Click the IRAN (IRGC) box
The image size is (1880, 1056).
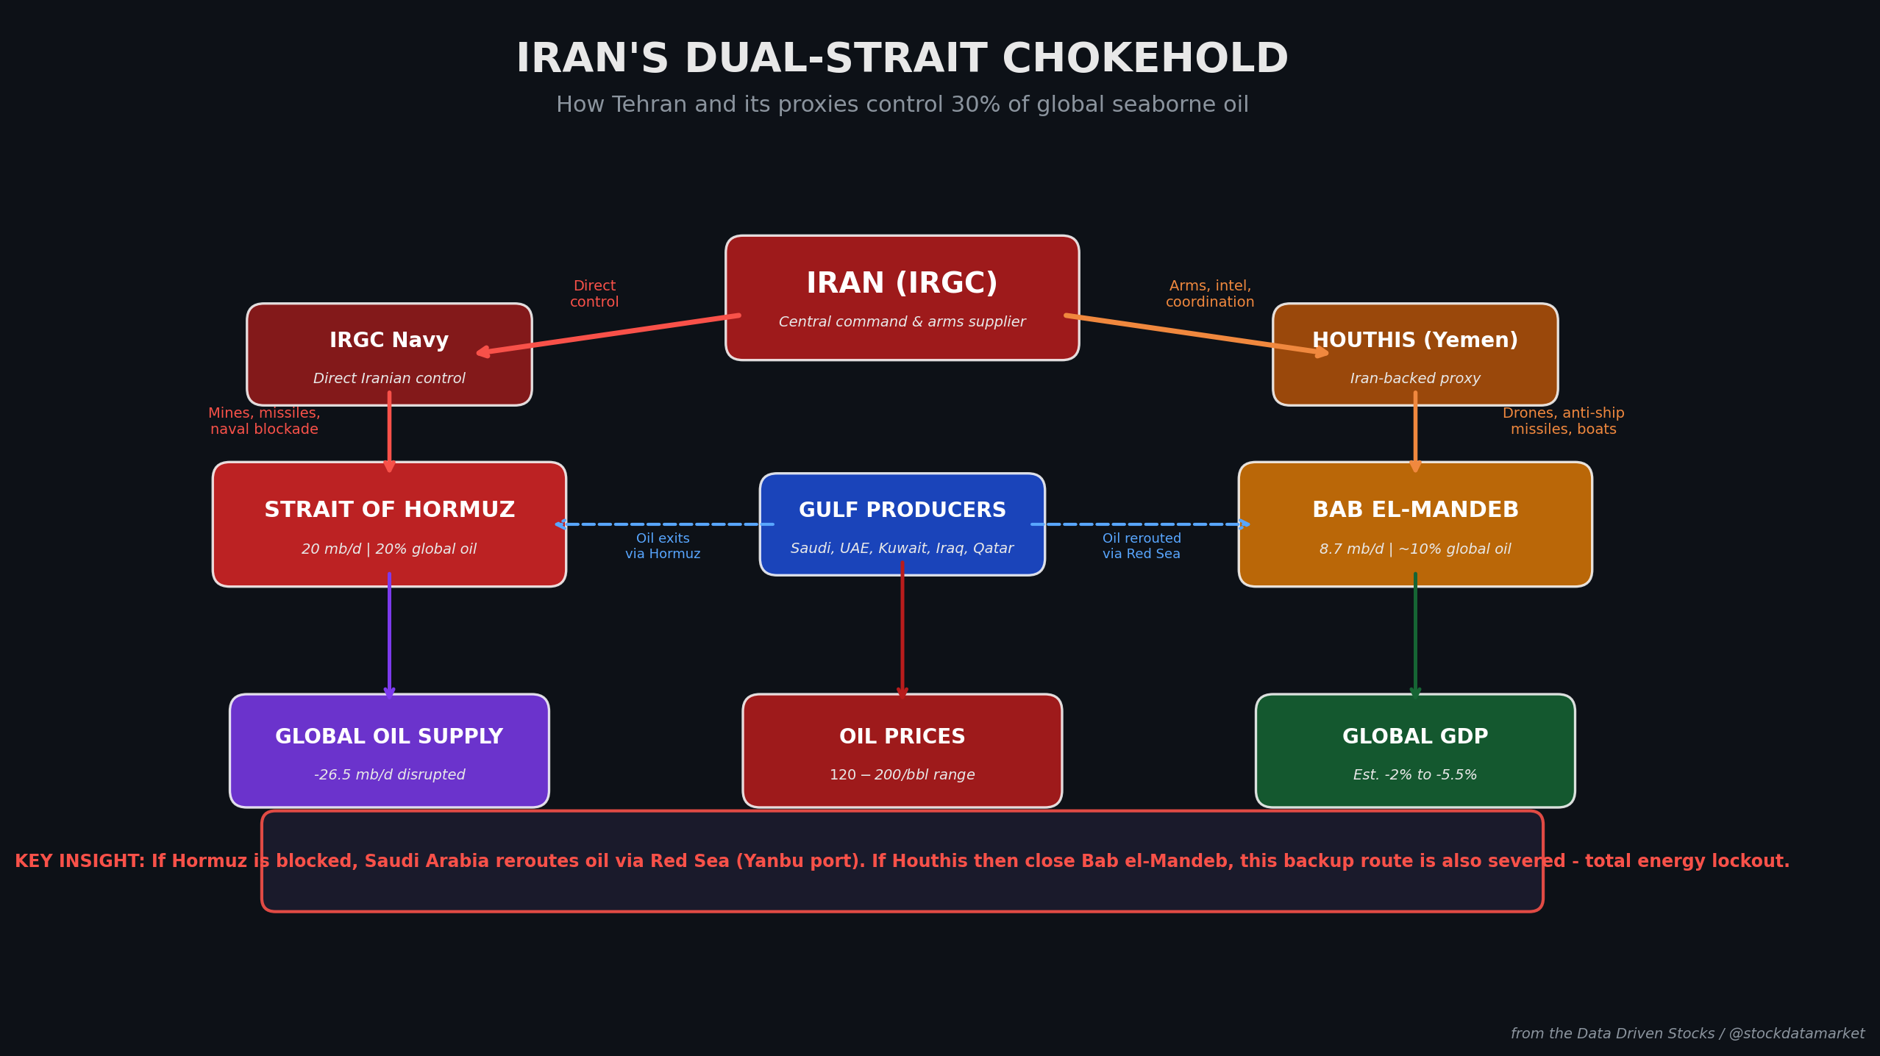point(902,298)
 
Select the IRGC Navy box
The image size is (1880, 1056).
point(389,354)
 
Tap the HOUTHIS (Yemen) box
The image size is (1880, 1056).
point(1414,354)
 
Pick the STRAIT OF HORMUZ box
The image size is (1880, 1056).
point(389,524)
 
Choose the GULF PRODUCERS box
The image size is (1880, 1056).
point(902,524)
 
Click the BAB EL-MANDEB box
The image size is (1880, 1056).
point(1414,524)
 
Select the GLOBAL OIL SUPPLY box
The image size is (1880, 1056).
point(389,751)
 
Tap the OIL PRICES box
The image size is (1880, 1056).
point(902,751)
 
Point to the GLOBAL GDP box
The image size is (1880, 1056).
point(1414,751)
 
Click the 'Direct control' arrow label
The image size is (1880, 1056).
point(594,294)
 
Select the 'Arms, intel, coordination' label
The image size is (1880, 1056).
point(1209,294)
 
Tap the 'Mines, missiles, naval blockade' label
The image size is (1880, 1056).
point(264,421)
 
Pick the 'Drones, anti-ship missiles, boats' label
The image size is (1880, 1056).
point(1563,421)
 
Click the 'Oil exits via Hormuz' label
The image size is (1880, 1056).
point(663,546)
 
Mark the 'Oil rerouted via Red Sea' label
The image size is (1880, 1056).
point(1141,546)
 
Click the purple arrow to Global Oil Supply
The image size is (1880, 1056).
point(389,636)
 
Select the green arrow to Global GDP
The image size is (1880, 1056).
point(1414,636)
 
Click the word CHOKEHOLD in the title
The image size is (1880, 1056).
point(1144,60)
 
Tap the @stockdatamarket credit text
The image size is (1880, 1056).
point(1796,1034)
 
